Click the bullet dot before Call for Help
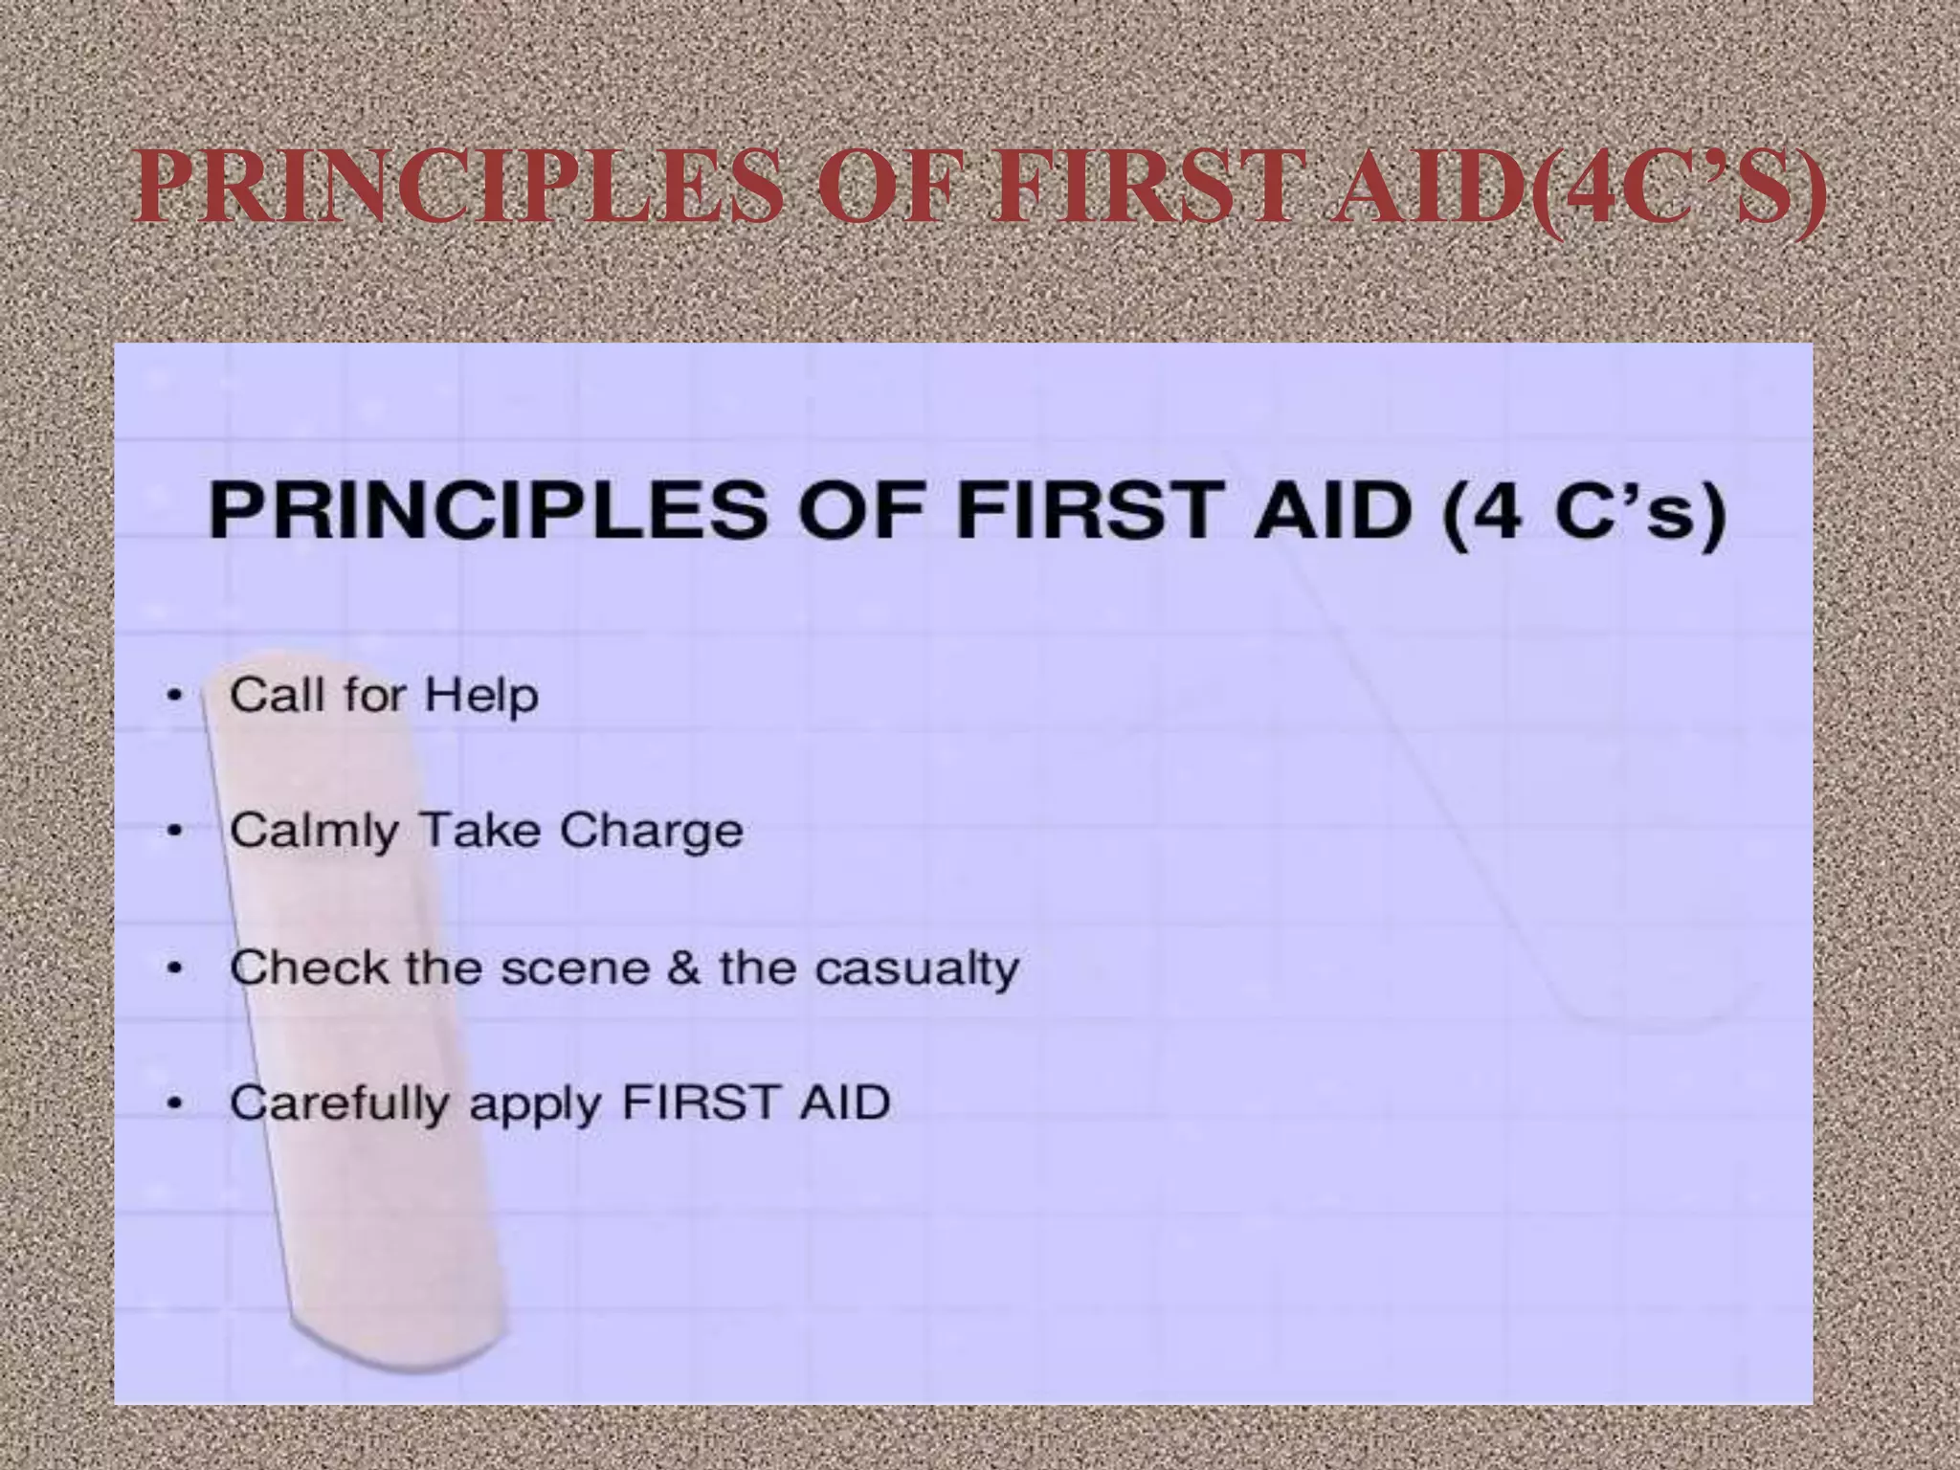173,696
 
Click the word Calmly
314,832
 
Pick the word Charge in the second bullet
651,832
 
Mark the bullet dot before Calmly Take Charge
173,832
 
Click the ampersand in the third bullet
683,968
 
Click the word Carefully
339,1103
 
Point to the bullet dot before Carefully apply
173,1103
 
